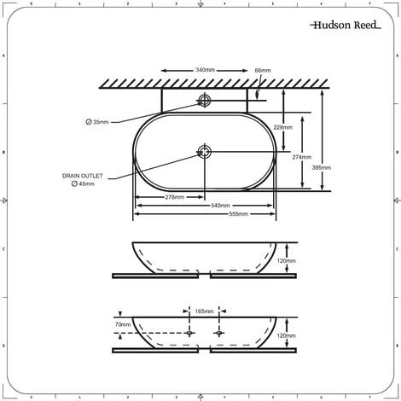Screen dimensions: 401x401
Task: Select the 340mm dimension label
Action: [x=205, y=69]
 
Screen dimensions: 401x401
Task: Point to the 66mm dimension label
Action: [x=263, y=69]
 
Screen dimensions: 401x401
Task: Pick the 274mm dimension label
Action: [x=302, y=157]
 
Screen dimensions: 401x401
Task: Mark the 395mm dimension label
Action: [x=323, y=168]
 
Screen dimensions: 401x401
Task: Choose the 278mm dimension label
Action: [x=174, y=196]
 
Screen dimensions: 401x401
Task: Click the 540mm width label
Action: [x=221, y=205]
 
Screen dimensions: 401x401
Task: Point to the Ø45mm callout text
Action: [x=83, y=183]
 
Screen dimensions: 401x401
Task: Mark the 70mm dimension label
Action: [x=122, y=324]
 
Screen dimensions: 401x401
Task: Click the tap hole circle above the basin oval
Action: [x=204, y=101]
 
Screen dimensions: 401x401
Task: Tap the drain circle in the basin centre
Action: [x=204, y=153]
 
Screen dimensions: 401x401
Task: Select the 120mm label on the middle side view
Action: [x=287, y=260]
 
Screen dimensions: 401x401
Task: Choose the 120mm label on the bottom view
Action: [x=287, y=336]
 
